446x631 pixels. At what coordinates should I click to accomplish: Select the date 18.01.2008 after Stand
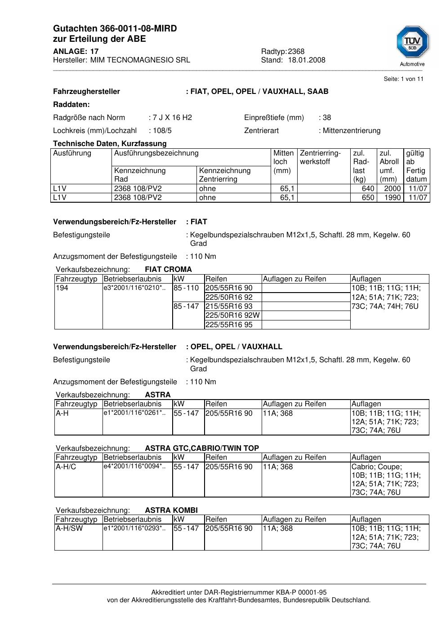pyautogui.click(x=307, y=60)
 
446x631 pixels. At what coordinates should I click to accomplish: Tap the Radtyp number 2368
pyautogui.click(x=296, y=52)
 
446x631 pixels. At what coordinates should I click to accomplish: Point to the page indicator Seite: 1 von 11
pyautogui.click(x=403, y=79)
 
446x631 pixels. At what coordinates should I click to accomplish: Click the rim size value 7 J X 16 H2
pyautogui.click(x=172, y=118)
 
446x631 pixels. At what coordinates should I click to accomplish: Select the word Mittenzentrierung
pyautogui.click(x=351, y=131)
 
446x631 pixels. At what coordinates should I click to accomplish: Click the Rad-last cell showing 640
pyautogui.click(x=368, y=189)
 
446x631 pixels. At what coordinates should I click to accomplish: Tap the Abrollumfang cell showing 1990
pyautogui.click(x=392, y=198)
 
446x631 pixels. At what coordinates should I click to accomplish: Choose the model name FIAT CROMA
pyautogui.click(x=168, y=270)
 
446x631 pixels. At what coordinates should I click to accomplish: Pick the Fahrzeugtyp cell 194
pyautogui.click(x=62, y=288)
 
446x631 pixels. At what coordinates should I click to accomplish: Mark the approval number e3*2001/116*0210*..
pyautogui.click(x=134, y=288)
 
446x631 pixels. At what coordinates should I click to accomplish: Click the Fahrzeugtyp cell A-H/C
pyautogui.click(x=66, y=467)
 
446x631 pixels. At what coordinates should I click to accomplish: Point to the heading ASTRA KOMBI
pyautogui.click(x=171, y=511)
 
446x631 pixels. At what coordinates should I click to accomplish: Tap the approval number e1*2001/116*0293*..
pyautogui.click(x=134, y=528)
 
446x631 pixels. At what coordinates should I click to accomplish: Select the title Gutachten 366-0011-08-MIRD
pyautogui.click(x=115, y=29)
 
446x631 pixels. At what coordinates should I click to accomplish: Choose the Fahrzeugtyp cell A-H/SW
pyautogui.click(x=69, y=529)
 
